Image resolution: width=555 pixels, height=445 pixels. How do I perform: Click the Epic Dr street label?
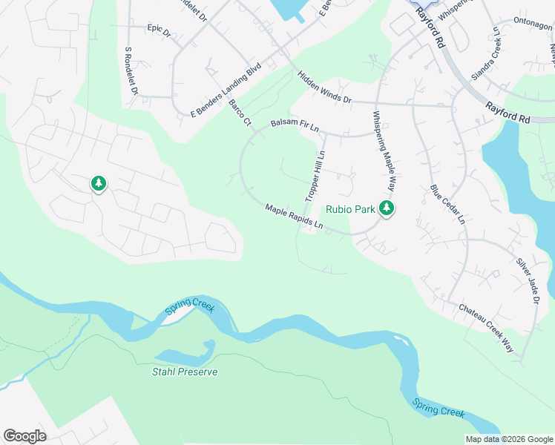[x=159, y=31]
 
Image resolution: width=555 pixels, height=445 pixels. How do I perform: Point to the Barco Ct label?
[x=240, y=113]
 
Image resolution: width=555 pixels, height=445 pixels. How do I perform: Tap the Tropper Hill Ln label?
[x=315, y=176]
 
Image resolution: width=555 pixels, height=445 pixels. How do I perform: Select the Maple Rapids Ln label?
[x=295, y=217]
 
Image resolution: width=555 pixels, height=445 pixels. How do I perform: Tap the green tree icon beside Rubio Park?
[x=386, y=208]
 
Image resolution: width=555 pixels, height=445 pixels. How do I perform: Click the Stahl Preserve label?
[x=185, y=372]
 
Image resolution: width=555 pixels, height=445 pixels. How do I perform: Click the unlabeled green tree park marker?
[x=99, y=183]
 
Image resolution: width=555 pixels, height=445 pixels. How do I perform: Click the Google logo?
[x=24, y=436]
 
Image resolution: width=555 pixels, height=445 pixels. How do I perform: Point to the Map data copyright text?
[x=509, y=439]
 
